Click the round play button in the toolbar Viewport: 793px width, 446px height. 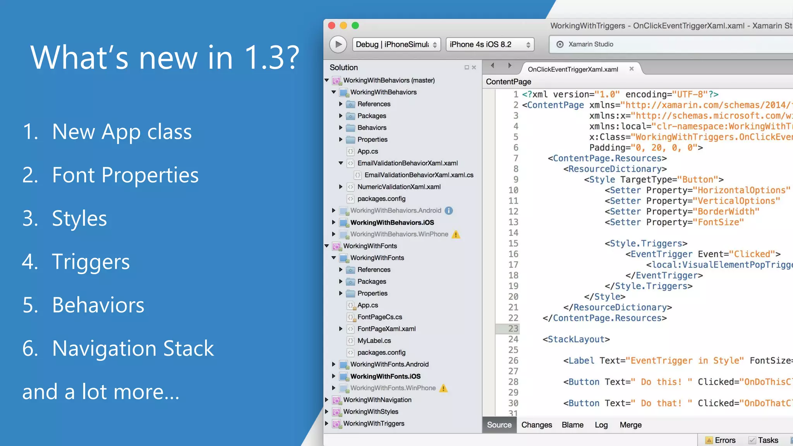tap(338, 44)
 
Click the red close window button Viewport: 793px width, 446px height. tap(331, 26)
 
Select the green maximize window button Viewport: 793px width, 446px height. tap(355, 26)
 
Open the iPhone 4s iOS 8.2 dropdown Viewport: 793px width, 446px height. tap(490, 45)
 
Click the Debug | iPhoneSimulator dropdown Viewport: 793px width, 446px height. tap(396, 45)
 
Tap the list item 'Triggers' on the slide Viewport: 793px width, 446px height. tap(91, 262)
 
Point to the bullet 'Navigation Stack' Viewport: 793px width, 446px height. tap(133, 348)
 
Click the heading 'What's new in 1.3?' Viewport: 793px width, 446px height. tap(165, 57)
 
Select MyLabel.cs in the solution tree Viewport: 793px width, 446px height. tap(374, 341)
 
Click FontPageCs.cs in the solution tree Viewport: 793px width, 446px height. tap(379, 317)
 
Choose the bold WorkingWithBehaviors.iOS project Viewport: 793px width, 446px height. tap(392, 223)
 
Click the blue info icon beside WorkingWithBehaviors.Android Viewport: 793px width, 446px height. tap(449, 211)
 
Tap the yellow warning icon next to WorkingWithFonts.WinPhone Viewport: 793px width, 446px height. tap(444, 388)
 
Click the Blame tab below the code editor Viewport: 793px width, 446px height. tap(572, 425)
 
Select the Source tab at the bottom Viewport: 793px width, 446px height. tap(499, 425)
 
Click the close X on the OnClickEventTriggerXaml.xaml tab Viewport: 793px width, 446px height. tap(632, 69)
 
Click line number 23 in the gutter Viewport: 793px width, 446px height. tap(513, 329)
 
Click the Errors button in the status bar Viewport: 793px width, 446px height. tap(721, 440)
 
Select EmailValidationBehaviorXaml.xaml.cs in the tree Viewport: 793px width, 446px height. tap(419, 175)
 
